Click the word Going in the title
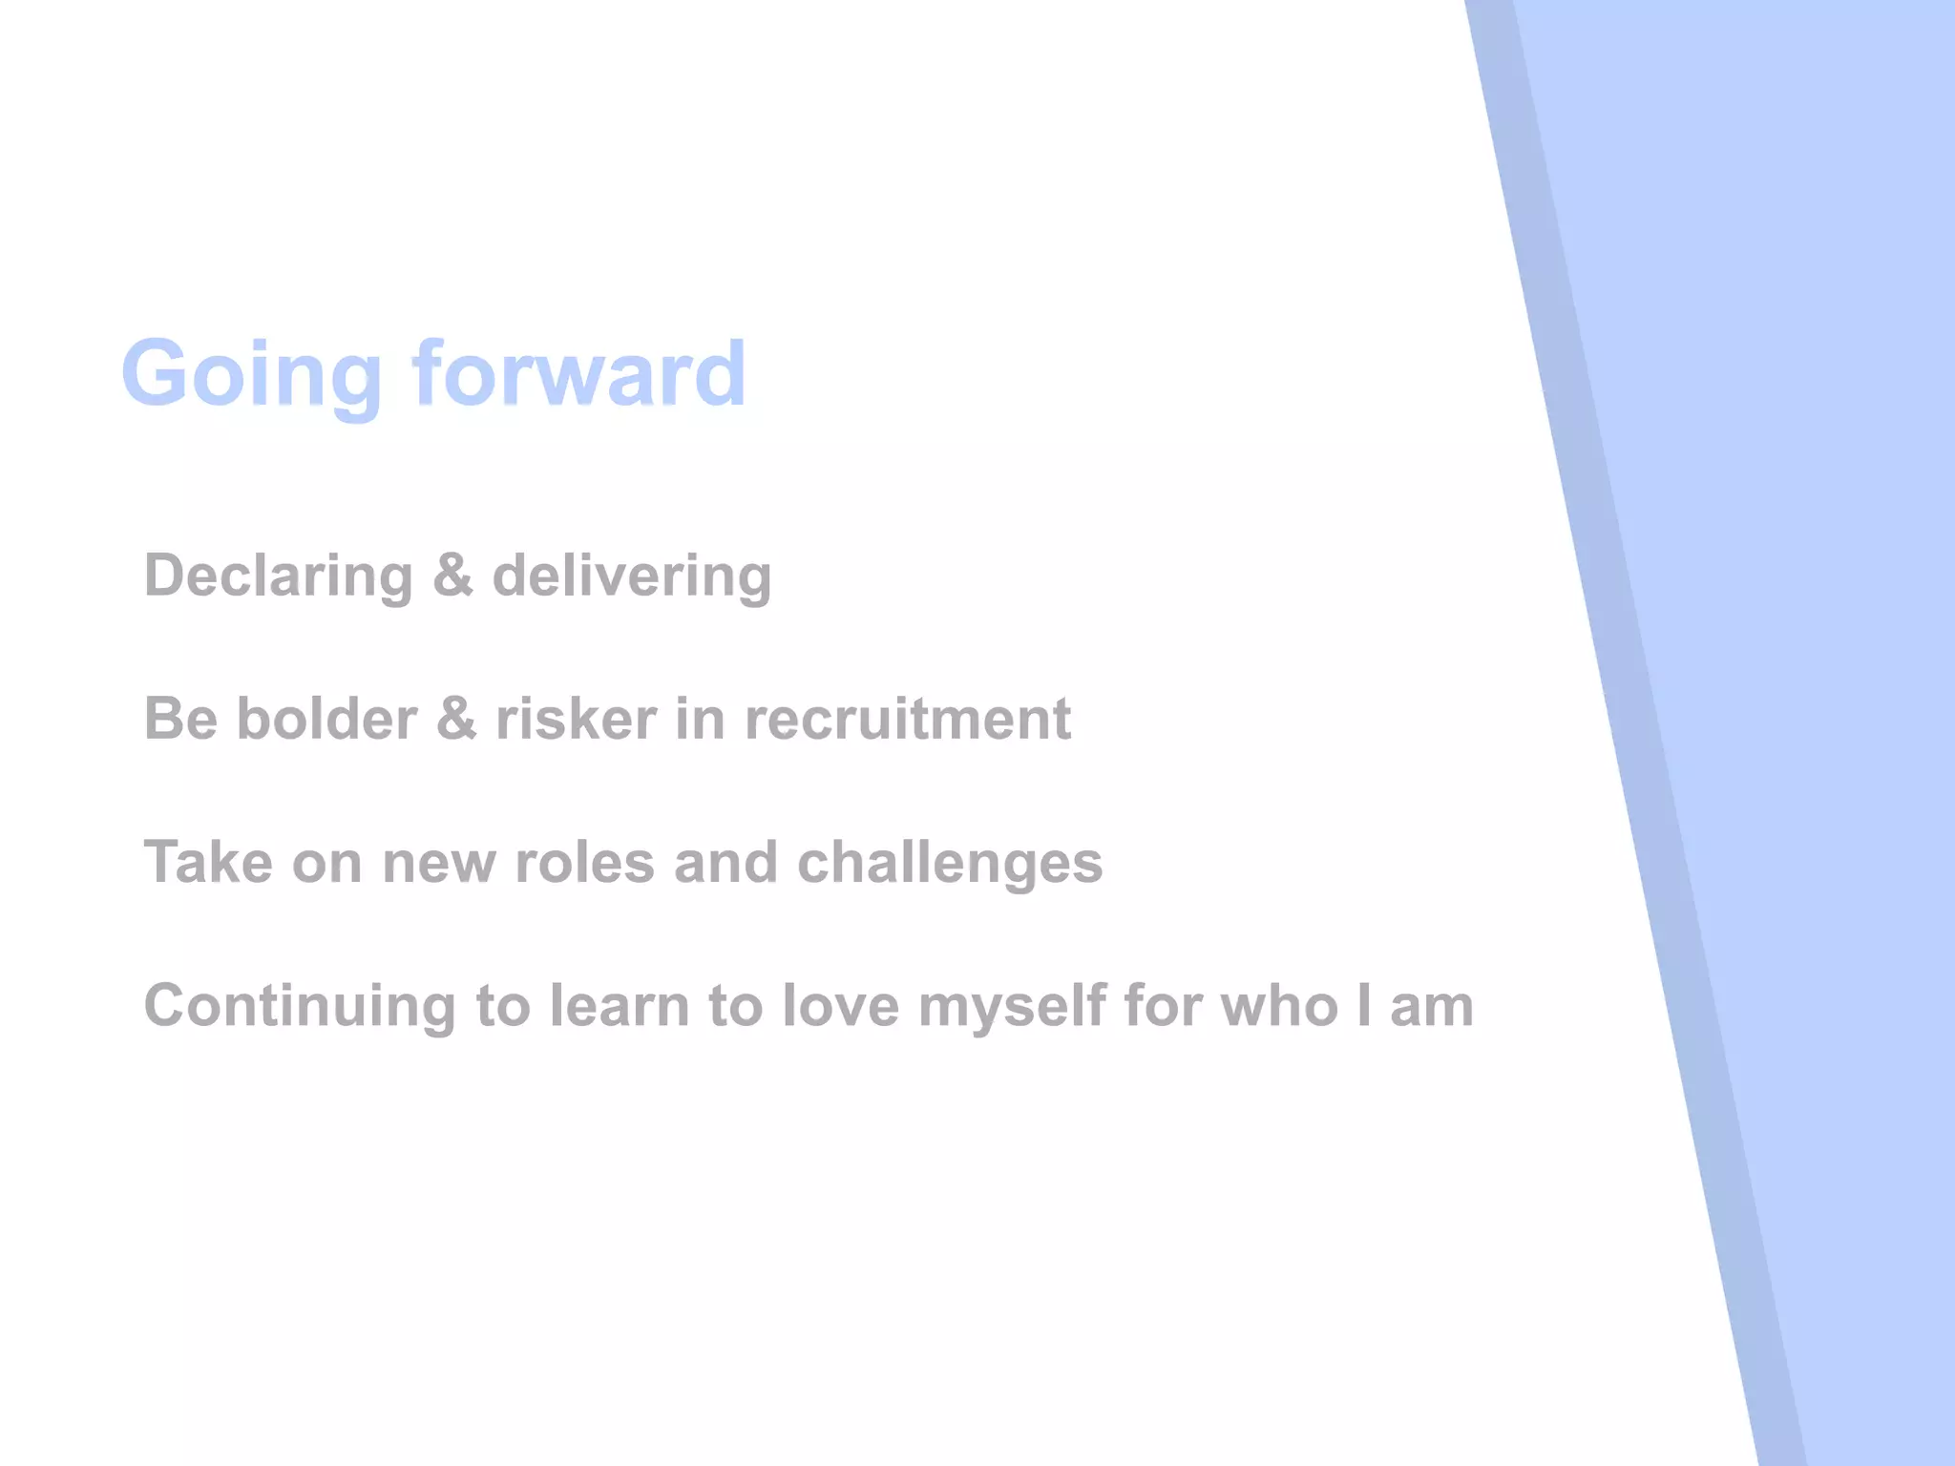click(251, 374)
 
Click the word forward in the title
click(578, 374)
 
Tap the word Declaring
click(278, 576)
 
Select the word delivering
click(631, 576)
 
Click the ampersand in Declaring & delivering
click(452, 576)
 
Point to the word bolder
click(326, 719)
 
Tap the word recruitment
click(907, 719)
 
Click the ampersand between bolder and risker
click(456, 719)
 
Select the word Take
click(207, 863)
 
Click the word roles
click(584, 863)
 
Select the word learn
click(619, 1006)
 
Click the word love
click(840, 1006)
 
